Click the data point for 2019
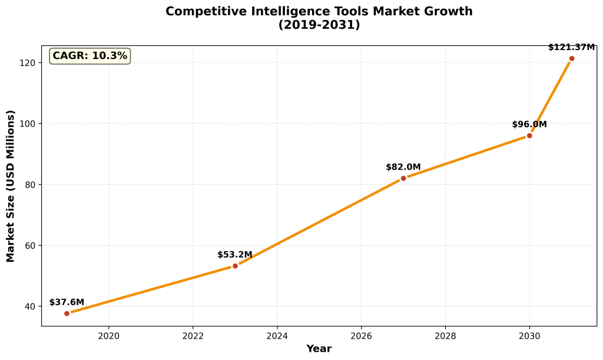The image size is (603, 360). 67,313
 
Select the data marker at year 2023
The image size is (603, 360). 235,266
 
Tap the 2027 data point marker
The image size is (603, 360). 403,178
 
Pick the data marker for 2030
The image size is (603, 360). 529,136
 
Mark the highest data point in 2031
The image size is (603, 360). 572,58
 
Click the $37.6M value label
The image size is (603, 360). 67,302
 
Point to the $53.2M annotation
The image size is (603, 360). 235,255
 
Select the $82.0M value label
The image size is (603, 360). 403,167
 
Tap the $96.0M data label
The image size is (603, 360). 529,124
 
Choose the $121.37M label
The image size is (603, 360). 571,47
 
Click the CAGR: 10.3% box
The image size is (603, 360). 90,56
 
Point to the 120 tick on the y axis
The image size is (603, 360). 29,62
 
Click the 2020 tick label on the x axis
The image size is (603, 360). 108,336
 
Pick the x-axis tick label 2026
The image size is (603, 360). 361,336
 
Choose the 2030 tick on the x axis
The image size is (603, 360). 529,336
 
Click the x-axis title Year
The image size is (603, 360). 319,349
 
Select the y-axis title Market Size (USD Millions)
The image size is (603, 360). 11,186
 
